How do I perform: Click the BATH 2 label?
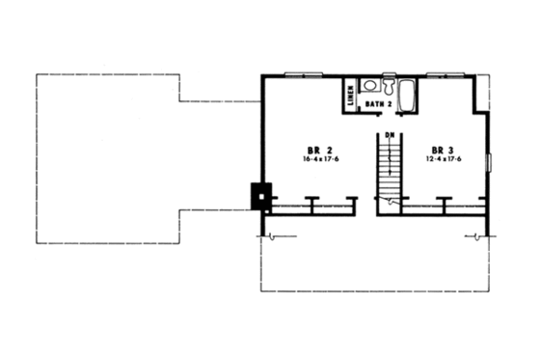tap(377, 103)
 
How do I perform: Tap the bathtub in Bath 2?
tap(408, 95)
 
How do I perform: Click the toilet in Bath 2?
tap(389, 87)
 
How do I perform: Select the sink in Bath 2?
tap(370, 87)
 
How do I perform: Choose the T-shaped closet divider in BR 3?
tap(444, 202)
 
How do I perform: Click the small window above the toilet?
tap(389, 74)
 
